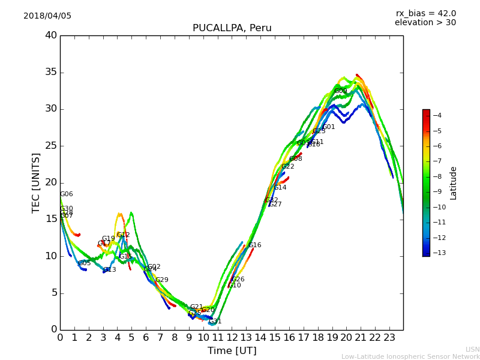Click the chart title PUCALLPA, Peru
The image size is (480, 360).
(x=232, y=28)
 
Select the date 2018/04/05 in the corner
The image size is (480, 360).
(x=47, y=16)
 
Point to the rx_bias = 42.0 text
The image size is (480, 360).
(x=425, y=14)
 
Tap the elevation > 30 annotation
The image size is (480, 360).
(x=425, y=23)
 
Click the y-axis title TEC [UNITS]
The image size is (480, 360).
(x=36, y=182)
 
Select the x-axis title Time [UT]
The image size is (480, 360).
(x=232, y=351)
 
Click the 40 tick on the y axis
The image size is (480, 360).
(x=51, y=35)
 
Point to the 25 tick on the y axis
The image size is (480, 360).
(x=51, y=146)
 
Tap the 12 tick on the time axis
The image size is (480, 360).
(x=232, y=338)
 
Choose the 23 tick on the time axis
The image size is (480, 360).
(x=389, y=338)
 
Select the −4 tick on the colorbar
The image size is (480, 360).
(x=438, y=116)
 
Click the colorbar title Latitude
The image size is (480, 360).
(x=454, y=183)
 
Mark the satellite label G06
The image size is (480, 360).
(x=67, y=194)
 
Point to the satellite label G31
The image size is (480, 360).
(x=215, y=322)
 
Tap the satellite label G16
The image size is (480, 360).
(x=255, y=245)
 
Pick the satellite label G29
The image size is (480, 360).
(x=162, y=280)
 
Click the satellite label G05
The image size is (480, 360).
(x=85, y=263)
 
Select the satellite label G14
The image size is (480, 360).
(x=280, y=188)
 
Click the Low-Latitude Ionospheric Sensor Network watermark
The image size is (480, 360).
(x=410, y=356)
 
